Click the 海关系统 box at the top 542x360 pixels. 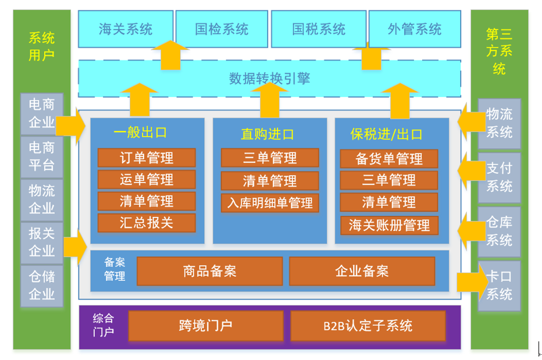[126, 29]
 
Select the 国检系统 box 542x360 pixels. [222, 29]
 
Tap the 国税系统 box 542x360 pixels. [318, 29]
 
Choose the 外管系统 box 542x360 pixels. [415, 29]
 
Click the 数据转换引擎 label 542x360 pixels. [269, 79]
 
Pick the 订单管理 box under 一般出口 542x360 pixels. [147, 158]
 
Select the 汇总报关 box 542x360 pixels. [147, 223]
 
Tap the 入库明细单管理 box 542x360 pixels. [270, 202]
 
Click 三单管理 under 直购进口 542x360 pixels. [270, 158]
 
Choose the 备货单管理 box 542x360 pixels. [389, 159]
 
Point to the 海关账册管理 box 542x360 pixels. [389, 225]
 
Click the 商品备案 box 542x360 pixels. [209, 271]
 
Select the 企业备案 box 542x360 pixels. [362, 271]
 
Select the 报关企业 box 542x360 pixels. [42, 243]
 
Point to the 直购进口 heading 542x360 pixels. [268, 134]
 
